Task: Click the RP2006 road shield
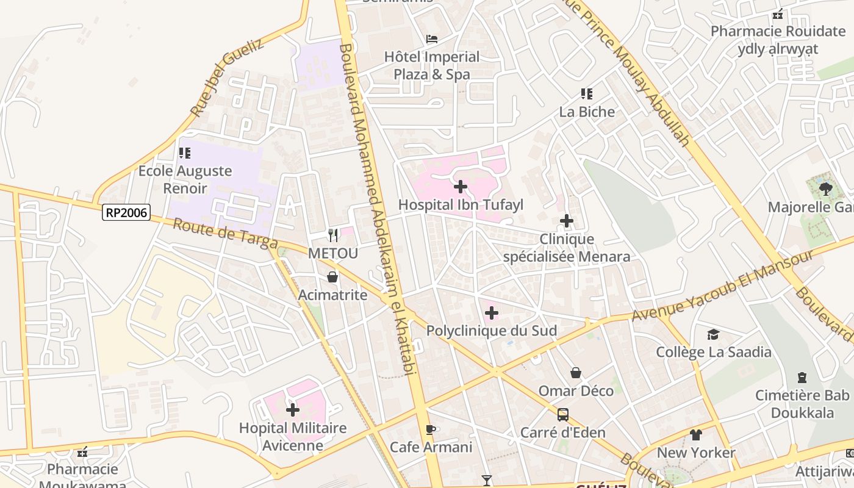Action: click(126, 212)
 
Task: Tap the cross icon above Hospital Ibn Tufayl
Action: click(461, 186)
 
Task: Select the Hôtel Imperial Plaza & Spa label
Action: click(432, 65)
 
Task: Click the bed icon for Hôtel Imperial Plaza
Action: click(432, 39)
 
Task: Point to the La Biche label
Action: click(587, 112)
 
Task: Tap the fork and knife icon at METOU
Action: click(333, 235)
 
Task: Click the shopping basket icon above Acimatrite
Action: click(332, 278)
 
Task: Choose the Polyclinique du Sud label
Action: click(492, 331)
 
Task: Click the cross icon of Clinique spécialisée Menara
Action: click(567, 221)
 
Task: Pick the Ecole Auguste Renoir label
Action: click(185, 179)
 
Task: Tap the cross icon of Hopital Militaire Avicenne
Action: click(293, 410)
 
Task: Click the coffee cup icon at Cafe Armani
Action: click(431, 429)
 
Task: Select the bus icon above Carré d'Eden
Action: click(563, 415)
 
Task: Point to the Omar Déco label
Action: click(576, 390)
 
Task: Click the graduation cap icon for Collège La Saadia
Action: click(713, 334)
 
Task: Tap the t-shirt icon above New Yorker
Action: click(696, 435)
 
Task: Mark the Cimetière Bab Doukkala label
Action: click(802, 404)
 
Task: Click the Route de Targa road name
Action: click(225, 234)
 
